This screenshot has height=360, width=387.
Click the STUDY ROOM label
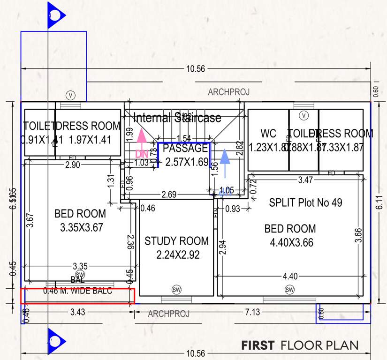tap(176, 241)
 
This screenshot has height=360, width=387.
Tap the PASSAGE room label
tap(186, 149)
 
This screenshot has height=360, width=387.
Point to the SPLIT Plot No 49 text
tap(305, 203)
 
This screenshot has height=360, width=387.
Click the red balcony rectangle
tap(78, 296)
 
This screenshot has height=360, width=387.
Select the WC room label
tap(269, 134)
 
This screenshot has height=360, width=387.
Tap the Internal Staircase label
tap(177, 118)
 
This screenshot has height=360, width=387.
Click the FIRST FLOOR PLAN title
tap(299, 345)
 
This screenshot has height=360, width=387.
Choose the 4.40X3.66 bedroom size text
tap(291, 243)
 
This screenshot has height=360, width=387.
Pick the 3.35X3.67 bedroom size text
tap(81, 228)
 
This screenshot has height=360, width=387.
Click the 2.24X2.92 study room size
tap(176, 255)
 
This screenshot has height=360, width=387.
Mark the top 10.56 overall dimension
tap(196, 69)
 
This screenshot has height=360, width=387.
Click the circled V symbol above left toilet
tap(70, 95)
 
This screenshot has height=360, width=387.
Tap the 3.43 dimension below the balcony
tap(77, 312)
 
